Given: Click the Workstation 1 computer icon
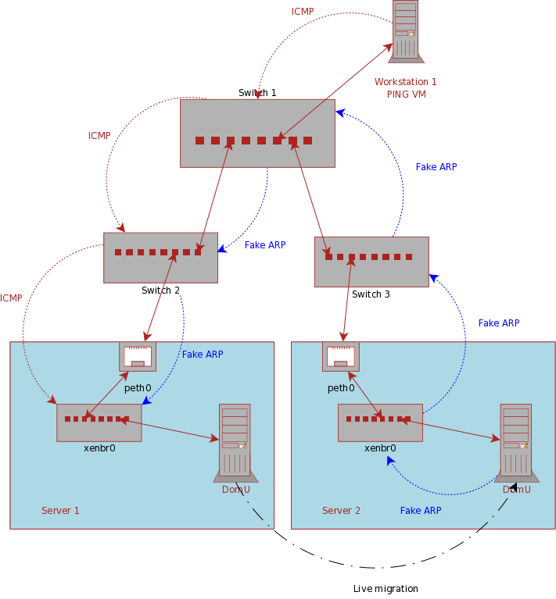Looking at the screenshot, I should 405,30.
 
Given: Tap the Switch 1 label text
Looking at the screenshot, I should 257,93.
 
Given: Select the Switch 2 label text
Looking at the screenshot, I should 160,291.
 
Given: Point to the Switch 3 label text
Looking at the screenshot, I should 371,294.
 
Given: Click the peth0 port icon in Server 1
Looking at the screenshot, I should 138,356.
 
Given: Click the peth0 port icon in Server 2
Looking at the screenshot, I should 340,356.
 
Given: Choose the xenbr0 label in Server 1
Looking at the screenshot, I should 99,448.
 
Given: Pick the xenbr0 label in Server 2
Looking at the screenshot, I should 380,448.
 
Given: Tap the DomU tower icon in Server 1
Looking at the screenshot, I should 235,441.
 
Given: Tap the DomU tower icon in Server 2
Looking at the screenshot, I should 515,441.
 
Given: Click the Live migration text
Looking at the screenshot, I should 386,589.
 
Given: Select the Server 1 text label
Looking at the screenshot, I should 60,511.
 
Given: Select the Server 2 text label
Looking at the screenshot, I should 341,511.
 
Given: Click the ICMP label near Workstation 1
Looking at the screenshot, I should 303,12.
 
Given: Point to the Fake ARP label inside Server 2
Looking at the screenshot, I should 421,511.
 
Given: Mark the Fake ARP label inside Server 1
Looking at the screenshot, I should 203,355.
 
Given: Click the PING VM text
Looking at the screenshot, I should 407,94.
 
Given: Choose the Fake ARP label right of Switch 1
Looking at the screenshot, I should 436,167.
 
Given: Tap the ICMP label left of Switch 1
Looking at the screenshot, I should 99,136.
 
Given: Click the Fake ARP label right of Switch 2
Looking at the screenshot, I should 265,245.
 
